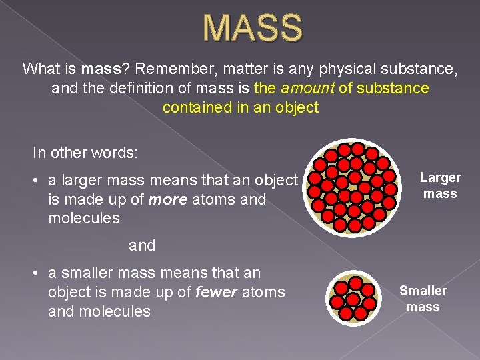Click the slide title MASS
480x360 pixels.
pos(253,27)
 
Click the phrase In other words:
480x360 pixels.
pos(85,152)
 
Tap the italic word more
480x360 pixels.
pos(168,199)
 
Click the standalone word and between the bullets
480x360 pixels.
pos(142,245)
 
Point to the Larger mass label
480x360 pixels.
pos(440,185)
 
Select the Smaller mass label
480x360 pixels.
pos(423,299)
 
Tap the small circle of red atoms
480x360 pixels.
pos(355,297)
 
